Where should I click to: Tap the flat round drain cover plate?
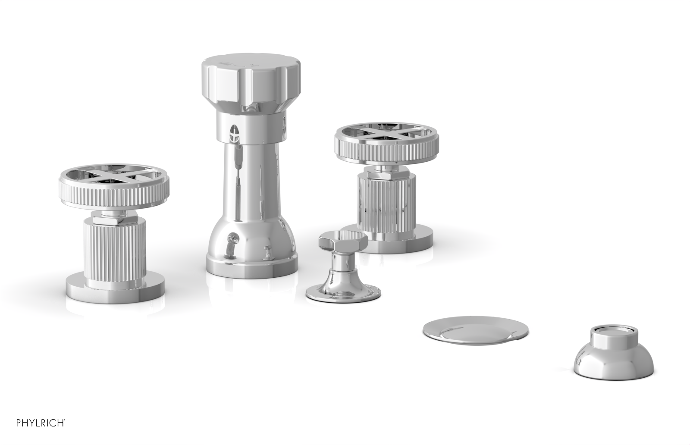(x=475, y=331)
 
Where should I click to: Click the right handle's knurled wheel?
(x=389, y=147)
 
